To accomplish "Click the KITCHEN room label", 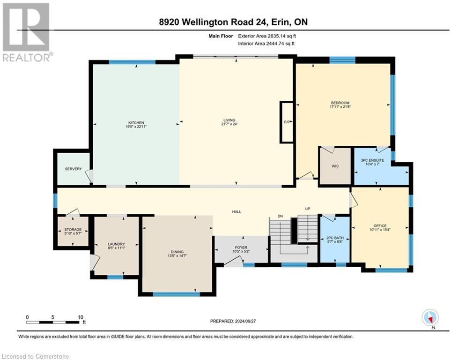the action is click(x=136, y=123).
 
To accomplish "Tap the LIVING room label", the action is click(x=229, y=120).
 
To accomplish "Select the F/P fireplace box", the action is click(x=287, y=122).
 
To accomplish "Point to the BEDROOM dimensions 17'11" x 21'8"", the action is click(x=340, y=106).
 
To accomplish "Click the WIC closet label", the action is click(x=335, y=166).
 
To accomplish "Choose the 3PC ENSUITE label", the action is click(x=372, y=160).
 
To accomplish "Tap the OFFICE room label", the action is click(x=380, y=225).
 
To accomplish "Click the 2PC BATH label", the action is click(x=335, y=238).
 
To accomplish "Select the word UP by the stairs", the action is click(x=308, y=209).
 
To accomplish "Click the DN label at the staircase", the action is click(x=280, y=216).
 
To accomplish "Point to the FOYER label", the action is click(x=241, y=247).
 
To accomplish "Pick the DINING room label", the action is click(x=177, y=252).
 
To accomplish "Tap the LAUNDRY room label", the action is click(x=116, y=244).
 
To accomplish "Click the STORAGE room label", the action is click(x=73, y=229).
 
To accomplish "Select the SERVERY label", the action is click(x=74, y=169).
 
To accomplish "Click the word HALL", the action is click(x=237, y=211).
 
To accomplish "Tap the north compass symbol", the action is click(x=430, y=318).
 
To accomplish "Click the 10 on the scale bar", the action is click(x=81, y=317).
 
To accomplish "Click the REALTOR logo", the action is click(x=27, y=32).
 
